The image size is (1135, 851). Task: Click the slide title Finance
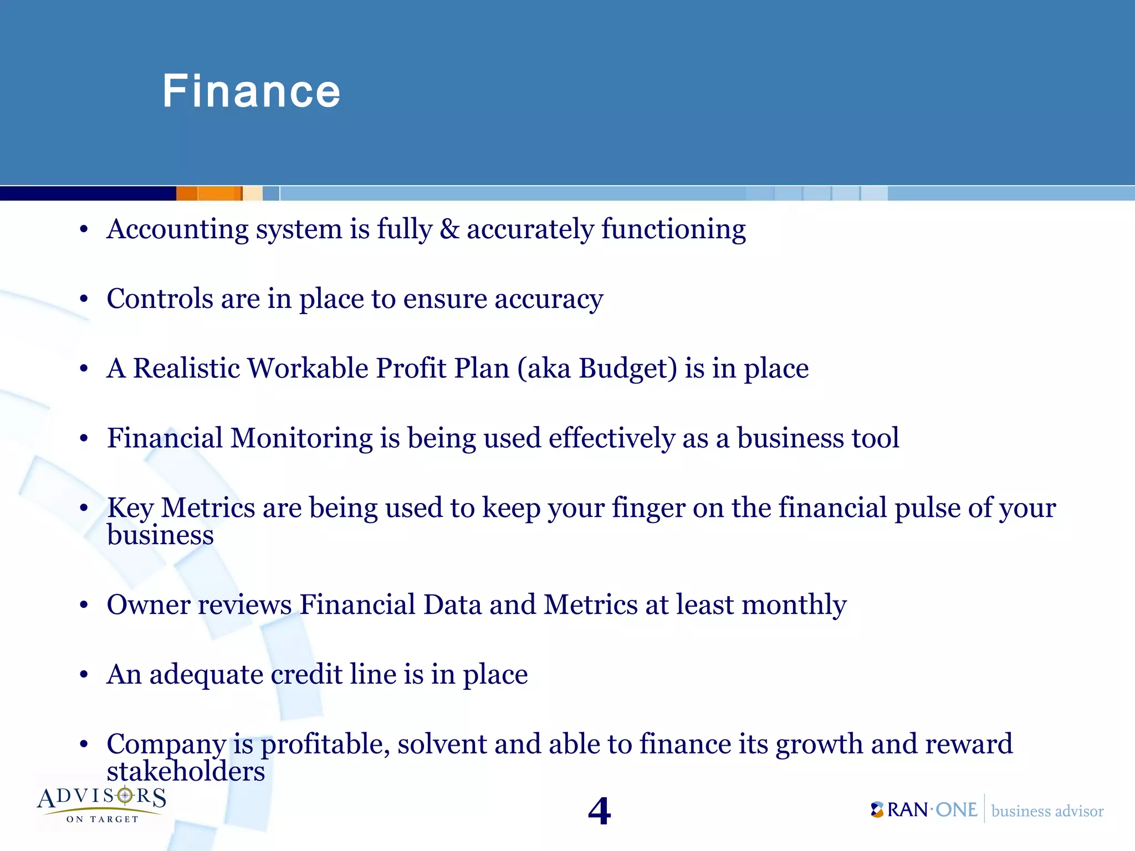tap(251, 91)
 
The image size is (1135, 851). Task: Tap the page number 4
tap(599, 811)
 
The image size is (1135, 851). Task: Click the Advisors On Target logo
tap(102, 804)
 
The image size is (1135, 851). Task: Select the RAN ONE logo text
tap(924, 810)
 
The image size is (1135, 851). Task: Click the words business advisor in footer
tap(1047, 811)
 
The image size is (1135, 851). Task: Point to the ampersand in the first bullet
tap(449, 229)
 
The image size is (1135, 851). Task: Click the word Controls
tap(160, 299)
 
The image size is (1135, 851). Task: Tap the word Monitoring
tap(301, 438)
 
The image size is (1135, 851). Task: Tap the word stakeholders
tap(186, 772)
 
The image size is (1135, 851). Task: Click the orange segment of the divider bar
tap(209, 193)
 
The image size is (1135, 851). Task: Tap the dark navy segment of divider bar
tap(88, 193)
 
